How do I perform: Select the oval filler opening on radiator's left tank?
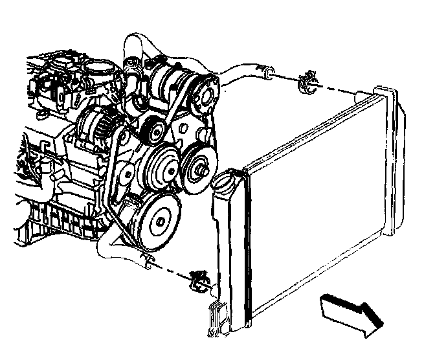225,181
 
